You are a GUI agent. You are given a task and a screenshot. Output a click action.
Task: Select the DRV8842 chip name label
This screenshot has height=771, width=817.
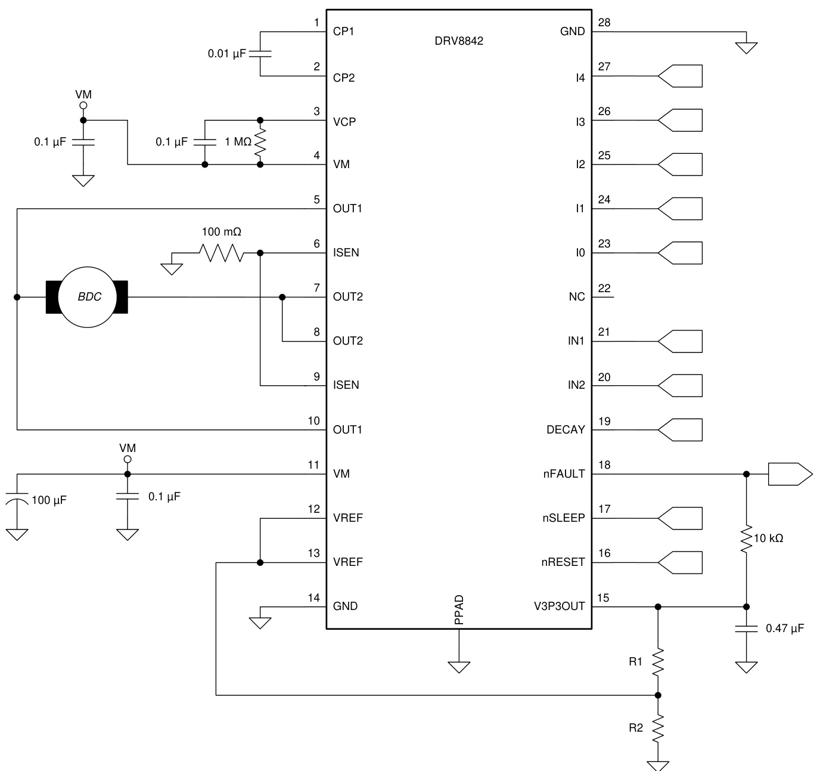click(x=459, y=41)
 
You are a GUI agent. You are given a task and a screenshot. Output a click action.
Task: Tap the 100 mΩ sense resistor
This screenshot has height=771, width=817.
click(x=222, y=253)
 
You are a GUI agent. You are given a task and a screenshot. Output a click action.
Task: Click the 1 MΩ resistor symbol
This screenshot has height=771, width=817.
click(x=260, y=142)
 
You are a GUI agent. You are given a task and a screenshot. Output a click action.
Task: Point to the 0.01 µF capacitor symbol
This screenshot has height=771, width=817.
click(x=260, y=54)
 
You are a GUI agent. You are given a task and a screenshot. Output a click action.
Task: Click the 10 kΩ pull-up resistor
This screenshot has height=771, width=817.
click(x=746, y=538)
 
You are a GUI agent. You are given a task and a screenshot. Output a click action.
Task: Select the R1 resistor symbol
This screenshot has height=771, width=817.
click(x=658, y=662)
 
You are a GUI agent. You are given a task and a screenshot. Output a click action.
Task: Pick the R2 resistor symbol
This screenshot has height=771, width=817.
click(x=658, y=728)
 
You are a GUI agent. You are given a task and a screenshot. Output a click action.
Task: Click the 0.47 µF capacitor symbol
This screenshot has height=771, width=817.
click(x=746, y=628)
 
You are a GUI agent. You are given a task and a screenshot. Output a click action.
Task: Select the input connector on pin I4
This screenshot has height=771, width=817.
click(x=680, y=76)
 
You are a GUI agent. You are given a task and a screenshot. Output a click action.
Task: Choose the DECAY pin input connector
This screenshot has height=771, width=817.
click(x=680, y=429)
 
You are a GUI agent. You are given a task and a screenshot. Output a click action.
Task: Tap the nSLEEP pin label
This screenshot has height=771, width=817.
click(x=563, y=518)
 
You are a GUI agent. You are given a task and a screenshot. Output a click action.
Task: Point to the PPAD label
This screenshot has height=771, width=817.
click(x=459, y=609)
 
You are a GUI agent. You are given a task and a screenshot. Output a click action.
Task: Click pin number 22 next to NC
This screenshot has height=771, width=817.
click(x=604, y=289)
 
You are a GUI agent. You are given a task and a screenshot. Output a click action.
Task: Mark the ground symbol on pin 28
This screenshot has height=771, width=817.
click(x=746, y=47)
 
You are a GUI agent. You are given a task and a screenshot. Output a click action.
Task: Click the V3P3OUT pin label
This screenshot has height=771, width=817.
click(x=559, y=606)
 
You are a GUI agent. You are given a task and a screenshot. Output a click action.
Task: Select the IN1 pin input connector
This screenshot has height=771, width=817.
click(x=680, y=341)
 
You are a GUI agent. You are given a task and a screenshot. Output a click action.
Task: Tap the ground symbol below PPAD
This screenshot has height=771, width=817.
click(x=459, y=666)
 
